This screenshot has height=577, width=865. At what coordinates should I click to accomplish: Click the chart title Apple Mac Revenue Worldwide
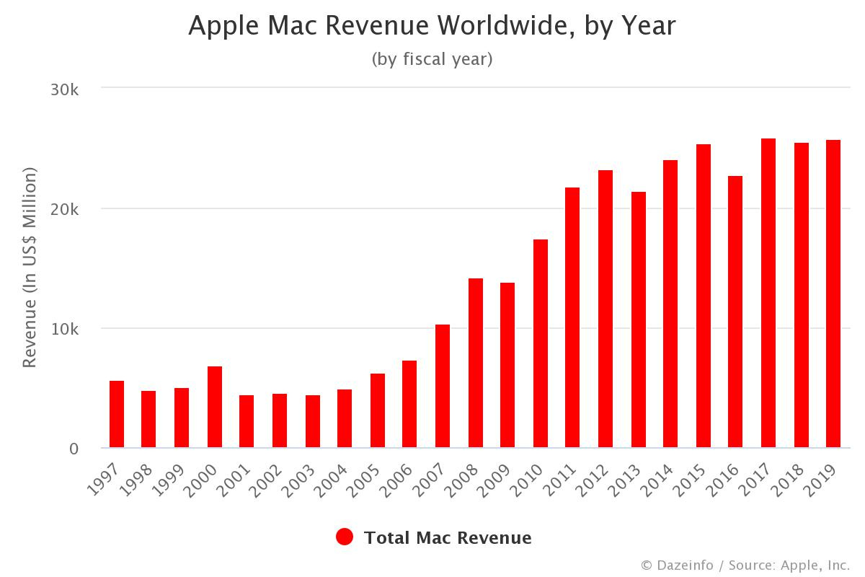click(432, 26)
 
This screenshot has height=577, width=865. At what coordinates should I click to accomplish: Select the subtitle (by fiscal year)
click(432, 59)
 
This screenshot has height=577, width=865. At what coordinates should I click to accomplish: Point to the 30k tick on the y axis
click(64, 89)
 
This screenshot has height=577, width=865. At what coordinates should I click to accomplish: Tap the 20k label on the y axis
click(64, 209)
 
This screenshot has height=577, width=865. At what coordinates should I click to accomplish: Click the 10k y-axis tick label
click(64, 329)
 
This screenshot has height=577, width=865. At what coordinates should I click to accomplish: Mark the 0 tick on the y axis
click(74, 449)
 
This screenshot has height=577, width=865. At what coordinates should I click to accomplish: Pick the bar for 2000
click(215, 408)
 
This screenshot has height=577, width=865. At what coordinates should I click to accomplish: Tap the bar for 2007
click(443, 387)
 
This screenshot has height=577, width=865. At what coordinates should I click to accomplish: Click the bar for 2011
click(572, 318)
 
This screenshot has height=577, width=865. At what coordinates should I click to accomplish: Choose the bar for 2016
click(735, 312)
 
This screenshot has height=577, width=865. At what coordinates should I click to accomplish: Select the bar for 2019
click(833, 294)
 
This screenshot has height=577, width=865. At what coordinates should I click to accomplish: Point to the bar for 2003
click(312, 422)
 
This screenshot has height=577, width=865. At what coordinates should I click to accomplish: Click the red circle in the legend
click(345, 537)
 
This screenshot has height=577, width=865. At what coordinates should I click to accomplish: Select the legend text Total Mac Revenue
click(448, 538)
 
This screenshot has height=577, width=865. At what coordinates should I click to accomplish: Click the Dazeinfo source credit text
click(745, 565)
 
